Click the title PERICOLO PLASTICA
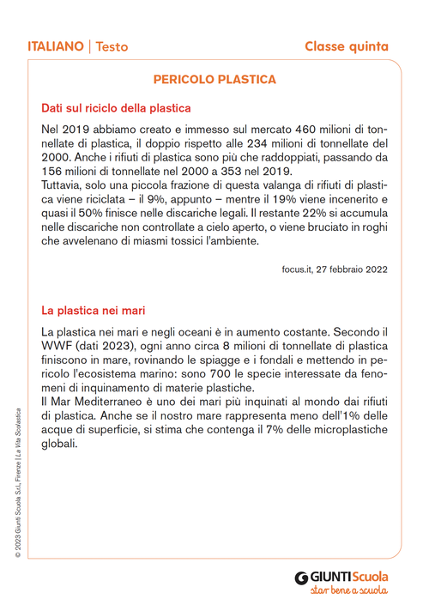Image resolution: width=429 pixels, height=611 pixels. (x=214, y=79)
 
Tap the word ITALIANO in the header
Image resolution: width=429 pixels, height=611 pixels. (x=55, y=45)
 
